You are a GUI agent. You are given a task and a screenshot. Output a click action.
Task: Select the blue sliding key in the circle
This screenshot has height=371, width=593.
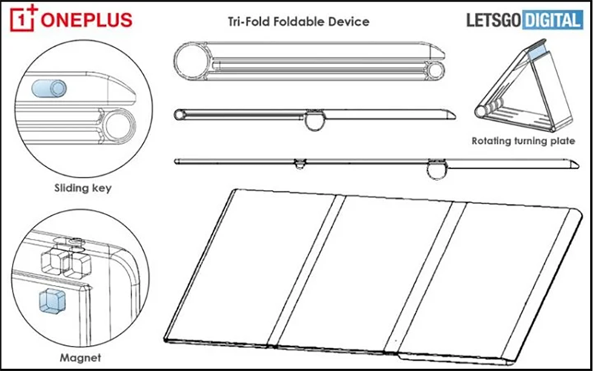click(x=50, y=88)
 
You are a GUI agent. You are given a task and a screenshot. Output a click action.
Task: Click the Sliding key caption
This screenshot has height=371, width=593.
click(x=83, y=188)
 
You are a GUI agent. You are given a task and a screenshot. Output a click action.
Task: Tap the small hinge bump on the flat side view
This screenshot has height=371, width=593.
click(x=299, y=162)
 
